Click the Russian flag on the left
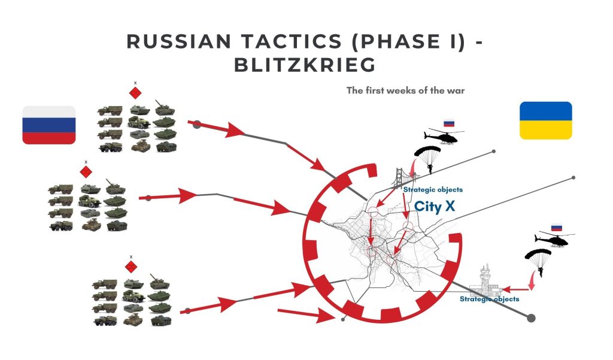point(49,125)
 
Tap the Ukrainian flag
point(545,120)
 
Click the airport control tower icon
point(489,280)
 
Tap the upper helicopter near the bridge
point(441,137)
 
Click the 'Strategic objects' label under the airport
point(489,298)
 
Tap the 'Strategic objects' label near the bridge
point(433,190)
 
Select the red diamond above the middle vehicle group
point(86,172)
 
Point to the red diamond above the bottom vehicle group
point(131,266)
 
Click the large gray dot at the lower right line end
point(530,317)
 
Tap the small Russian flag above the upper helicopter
point(448,123)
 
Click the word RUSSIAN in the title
point(178,41)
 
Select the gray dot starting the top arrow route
point(196,125)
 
